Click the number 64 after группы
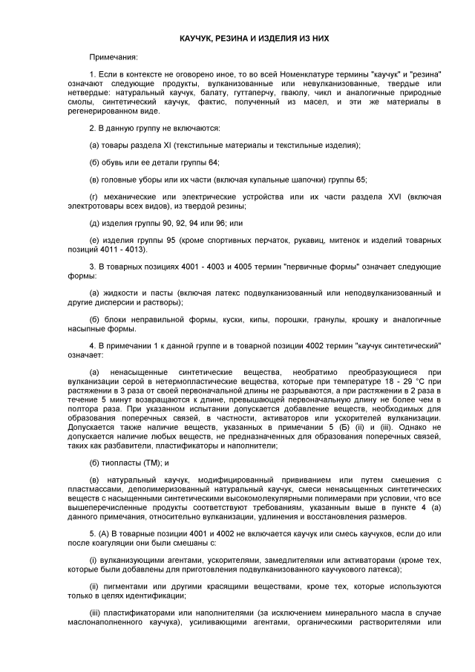tap(212, 162)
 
